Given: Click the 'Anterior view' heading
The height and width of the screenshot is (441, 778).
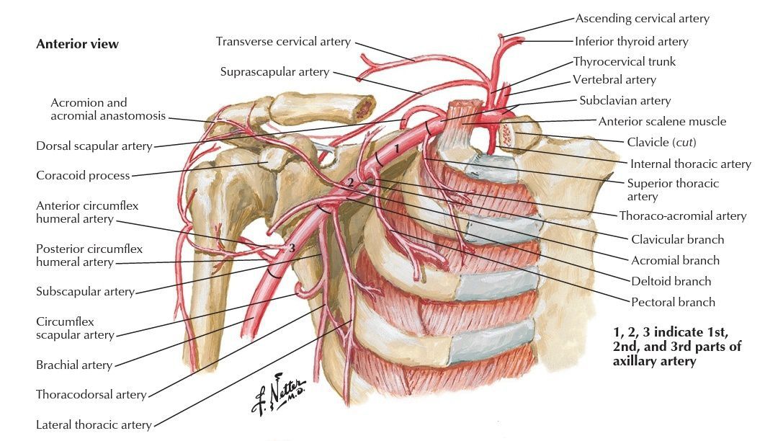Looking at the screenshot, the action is coord(77,44).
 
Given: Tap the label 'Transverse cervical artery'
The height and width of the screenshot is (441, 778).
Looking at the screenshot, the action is coord(283,41).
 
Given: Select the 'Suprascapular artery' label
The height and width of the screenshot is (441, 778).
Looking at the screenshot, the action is coord(275,72).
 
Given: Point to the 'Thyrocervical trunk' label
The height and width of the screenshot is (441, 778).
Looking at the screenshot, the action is coord(624,61).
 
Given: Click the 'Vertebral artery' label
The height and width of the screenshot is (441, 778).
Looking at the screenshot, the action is coord(614,79).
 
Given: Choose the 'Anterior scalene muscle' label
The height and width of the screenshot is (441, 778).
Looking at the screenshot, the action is coord(662,122).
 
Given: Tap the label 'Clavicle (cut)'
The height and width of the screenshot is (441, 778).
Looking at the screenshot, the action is coord(661,143).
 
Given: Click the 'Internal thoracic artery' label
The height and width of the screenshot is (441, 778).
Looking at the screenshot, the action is coord(690,164).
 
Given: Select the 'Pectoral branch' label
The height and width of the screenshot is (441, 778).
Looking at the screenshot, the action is coord(673,302).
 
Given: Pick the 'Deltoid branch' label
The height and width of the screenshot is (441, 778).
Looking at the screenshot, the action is coord(671,281).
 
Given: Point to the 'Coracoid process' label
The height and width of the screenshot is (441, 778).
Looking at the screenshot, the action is coord(83,176).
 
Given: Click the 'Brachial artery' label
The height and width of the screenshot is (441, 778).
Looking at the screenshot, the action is coord(74,365).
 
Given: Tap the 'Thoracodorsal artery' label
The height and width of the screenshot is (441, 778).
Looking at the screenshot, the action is coord(91,394).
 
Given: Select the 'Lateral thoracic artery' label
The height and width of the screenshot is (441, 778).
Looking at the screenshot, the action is coord(94,424).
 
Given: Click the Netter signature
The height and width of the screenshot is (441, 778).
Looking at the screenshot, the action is coord(278,394).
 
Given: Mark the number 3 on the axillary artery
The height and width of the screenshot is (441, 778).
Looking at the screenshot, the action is coord(292,248).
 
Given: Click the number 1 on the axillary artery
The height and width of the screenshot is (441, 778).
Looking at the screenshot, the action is coord(396,148).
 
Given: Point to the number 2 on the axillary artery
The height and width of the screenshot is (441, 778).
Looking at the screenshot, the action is coord(351,182).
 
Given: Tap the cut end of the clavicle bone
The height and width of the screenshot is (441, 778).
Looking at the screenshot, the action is coord(508,134).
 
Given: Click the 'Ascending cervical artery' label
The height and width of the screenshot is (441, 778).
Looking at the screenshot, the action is coord(642,19).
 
